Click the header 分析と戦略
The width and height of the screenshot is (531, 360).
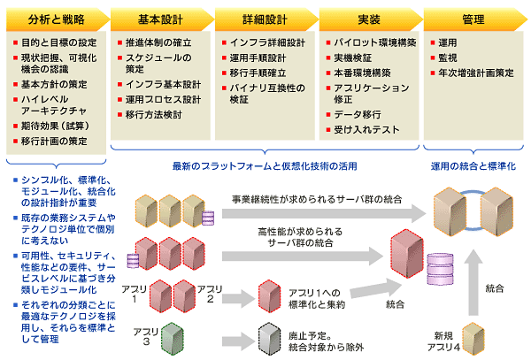(57, 19)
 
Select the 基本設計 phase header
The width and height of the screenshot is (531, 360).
(160, 19)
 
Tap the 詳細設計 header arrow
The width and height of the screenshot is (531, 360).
(265, 19)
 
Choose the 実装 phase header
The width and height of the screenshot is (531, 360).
(369, 19)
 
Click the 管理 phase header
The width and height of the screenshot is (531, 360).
(473, 19)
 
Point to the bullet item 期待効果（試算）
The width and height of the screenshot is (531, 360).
(55, 126)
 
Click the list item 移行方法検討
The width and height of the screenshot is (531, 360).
(154, 115)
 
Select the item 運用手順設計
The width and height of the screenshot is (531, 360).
(258, 58)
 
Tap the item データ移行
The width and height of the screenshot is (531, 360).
(358, 115)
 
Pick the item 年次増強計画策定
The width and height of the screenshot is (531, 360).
(476, 73)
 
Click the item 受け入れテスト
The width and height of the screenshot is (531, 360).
(366, 130)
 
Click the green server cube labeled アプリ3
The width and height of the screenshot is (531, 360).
(173, 339)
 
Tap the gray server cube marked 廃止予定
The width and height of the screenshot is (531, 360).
(270, 339)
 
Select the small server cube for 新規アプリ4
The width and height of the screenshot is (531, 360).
(473, 339)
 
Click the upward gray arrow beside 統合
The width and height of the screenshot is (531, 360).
(473, 283)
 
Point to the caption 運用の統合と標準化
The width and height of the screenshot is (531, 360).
(473, 166)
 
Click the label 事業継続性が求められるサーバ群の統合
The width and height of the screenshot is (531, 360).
(317, 199)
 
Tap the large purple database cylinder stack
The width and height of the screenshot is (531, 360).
(440, 269)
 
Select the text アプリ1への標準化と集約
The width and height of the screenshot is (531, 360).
(317, 299)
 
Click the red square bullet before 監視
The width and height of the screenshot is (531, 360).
(433, 57)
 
